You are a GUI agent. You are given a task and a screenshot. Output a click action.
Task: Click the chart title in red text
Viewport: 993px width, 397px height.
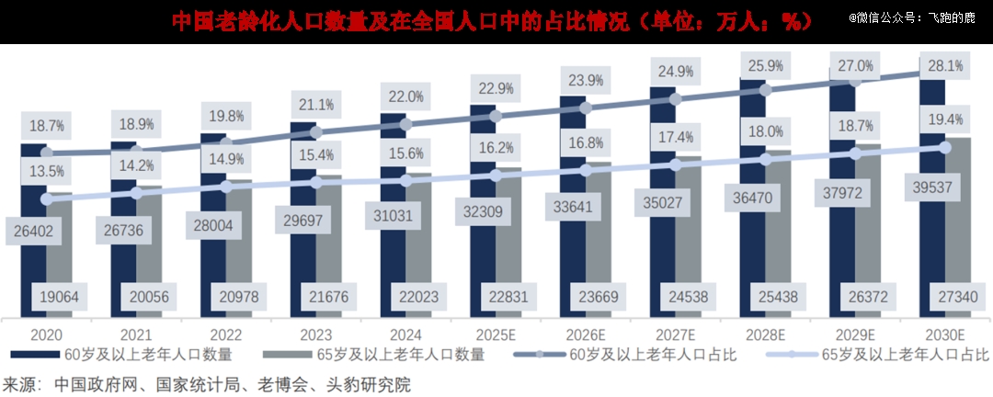point(492,20)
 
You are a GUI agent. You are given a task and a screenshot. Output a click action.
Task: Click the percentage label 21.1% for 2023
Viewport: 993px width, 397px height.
point(316,104)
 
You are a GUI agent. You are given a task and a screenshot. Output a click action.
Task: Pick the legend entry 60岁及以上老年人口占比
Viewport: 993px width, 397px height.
point(644,353)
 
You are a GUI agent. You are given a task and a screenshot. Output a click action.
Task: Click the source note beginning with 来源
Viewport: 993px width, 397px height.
point(207,383)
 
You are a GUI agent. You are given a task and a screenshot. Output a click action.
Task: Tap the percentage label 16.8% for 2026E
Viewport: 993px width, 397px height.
point(586,142)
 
